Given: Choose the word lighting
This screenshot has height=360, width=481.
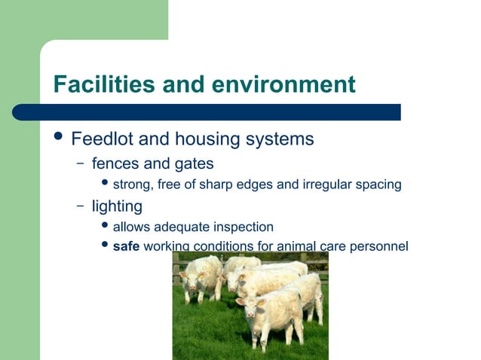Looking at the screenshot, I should (x=117, y=206).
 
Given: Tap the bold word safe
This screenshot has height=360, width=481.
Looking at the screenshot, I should (x=126, y=246).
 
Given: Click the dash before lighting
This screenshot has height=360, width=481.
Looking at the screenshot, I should (x=80, y=206).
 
